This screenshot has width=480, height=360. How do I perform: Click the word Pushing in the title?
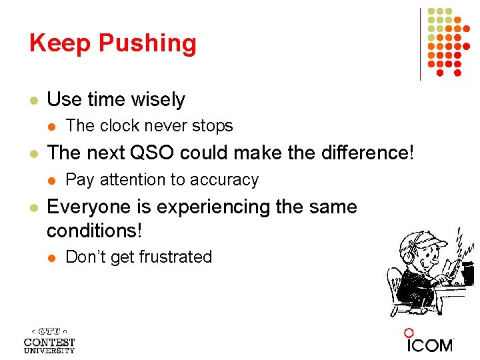(x=147, y=43)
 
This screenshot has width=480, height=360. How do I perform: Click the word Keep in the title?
(x=60, y=43)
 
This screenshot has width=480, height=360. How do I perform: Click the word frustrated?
(x=177, y=257)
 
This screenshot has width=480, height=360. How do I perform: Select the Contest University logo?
(x=49, y=340)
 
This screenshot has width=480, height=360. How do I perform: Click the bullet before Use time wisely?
(x=33, y=101)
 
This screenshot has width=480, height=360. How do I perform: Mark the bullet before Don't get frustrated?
(x=52, y=258)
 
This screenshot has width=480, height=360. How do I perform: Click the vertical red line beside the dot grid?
(x=421, y=44)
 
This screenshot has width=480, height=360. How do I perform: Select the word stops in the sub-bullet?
(x=213, y=126)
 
